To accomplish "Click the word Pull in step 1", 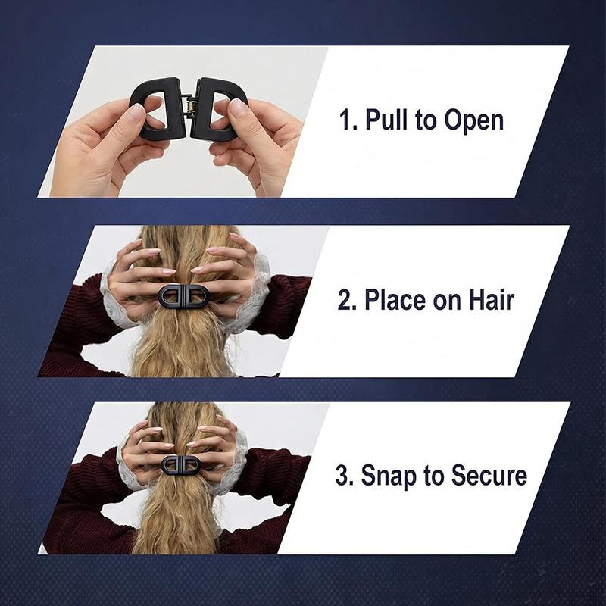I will click(x=386, y=120).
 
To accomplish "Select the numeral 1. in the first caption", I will click(x=348, y=120).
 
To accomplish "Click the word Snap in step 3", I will click(x=389, y=476).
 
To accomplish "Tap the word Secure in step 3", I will click(x=489, y=476).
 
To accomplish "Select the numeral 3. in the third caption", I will click(x=345, y=476).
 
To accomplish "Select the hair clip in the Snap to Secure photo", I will click(x=180, y=464).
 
